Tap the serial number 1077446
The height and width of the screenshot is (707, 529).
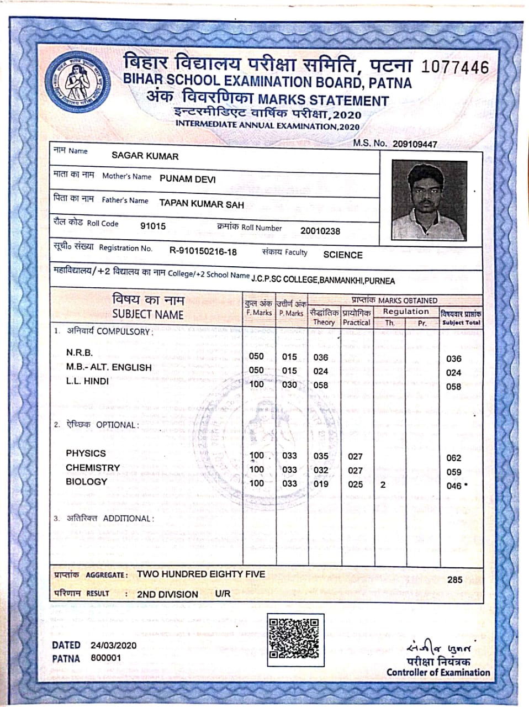[x=455, y=67]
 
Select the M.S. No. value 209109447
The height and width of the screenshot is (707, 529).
[x=415, y=144]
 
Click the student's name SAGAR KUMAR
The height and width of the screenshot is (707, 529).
[x=145, y=156]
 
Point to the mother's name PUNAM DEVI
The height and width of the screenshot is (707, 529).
[x=187, y=179]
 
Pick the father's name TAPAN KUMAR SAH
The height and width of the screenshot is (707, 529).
[x=202, y=204]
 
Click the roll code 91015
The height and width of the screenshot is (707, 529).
[x=153, y=226]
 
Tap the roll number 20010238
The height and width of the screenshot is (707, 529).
[x=320, y=231]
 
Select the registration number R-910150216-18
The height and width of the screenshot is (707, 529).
[x=203, y=252]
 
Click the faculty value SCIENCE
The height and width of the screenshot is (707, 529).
[x=343, y=255]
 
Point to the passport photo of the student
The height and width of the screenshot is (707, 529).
[x=429, y=201]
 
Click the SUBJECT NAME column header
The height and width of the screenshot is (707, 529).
[x=148, y=314]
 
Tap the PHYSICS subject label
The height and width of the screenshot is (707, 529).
[x=86, y=453]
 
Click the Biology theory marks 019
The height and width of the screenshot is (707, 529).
[x=321, y=484]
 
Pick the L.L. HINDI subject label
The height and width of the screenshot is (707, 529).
[x=87, y=381]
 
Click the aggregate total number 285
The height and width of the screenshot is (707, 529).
[x=455, y=579]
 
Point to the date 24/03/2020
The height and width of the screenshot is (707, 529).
[x=114, y=645]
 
